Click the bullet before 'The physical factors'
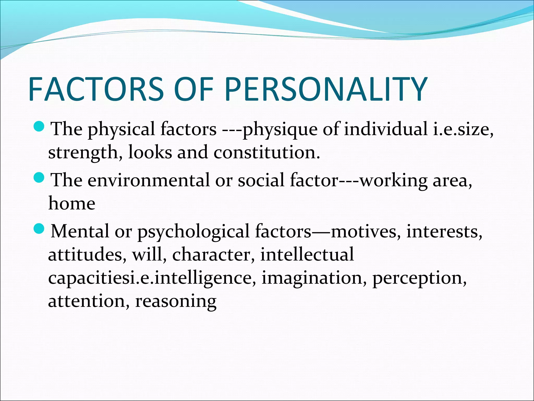(x=40, y=127)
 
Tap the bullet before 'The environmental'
(x=40, y=178)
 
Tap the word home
(x=72, y=203)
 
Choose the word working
(x=393, y=181)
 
